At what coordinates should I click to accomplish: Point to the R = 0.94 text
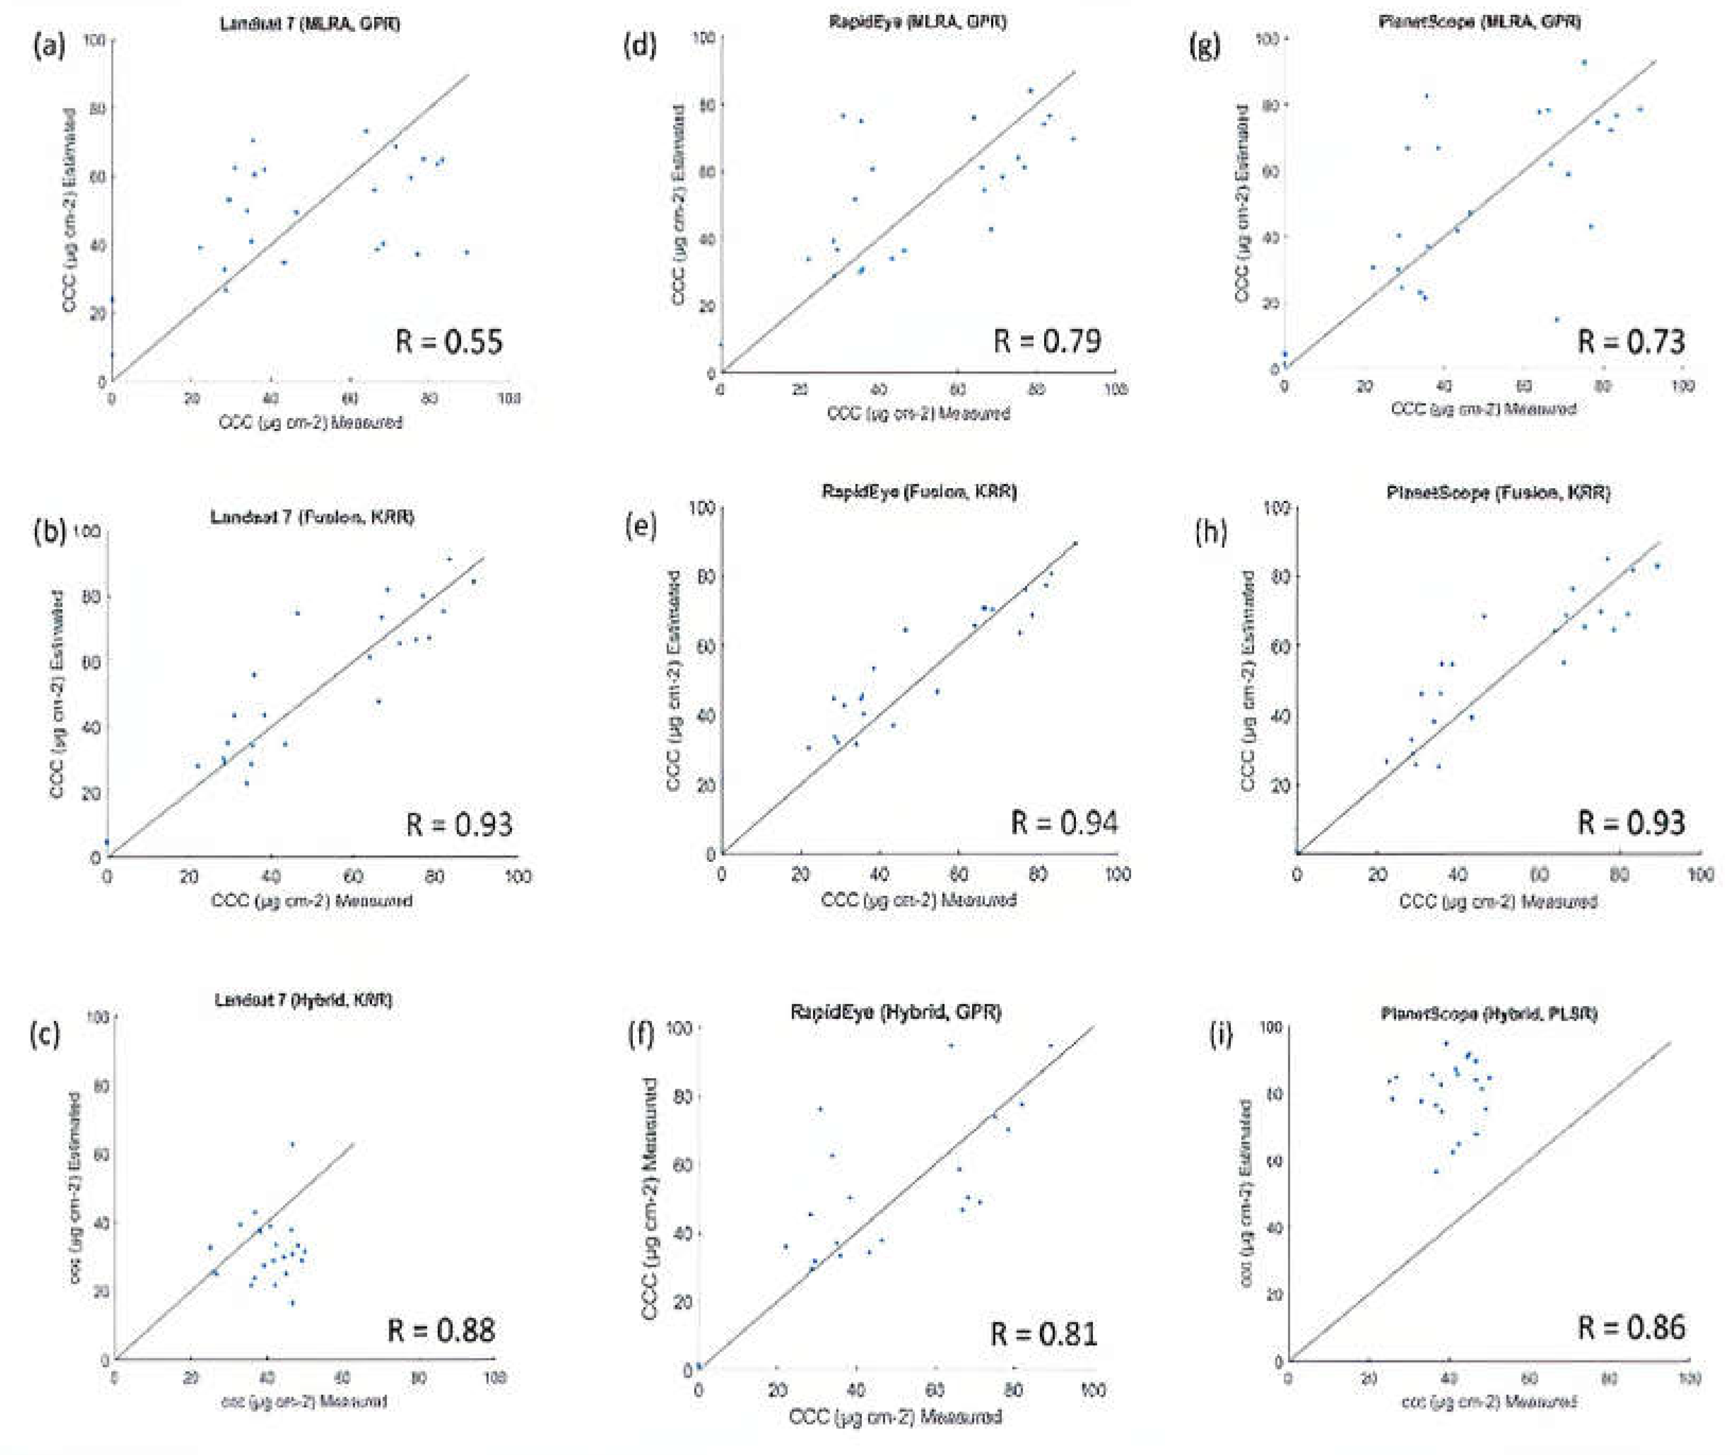1064,822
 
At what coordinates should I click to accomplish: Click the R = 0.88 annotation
441,1329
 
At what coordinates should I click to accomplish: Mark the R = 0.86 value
1630,1326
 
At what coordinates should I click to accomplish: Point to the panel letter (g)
1206,46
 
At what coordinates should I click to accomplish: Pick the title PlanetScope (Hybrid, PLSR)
1488,1013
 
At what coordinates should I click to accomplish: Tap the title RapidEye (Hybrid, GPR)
896,1011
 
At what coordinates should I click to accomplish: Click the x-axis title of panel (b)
312,900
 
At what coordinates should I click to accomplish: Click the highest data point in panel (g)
1583,62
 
